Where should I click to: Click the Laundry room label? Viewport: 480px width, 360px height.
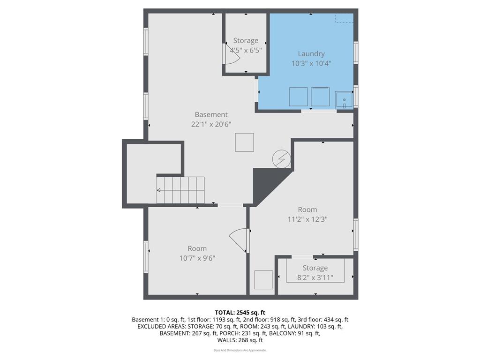tap(311, 54)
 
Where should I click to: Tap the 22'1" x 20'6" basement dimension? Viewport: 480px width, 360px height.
tap(211, 124)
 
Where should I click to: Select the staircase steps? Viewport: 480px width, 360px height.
tap(181, 190)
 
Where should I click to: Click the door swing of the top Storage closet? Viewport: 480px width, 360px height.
tap(232, 57)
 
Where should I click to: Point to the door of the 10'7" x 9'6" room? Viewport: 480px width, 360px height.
tap(239, 239)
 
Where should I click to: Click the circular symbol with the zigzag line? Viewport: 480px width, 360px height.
tap(282, 159)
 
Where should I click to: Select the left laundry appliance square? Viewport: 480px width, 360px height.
tap(298, 97)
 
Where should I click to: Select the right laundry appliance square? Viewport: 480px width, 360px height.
tap(320, 97)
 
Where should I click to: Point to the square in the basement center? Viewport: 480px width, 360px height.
tap(244, 142)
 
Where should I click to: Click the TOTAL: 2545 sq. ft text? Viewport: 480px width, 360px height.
tap(240, 313)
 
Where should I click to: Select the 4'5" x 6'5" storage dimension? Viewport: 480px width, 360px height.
tap(246, 50)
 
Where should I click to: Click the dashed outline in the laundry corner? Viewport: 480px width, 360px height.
tap(344, 18)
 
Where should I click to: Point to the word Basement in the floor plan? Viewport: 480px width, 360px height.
tap(211, 114)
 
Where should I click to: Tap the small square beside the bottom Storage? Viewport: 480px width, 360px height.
tap(263, 280)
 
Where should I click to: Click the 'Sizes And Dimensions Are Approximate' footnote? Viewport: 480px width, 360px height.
tap(240, 350)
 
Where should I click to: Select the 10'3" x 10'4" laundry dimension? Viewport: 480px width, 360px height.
tap(311, 63)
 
